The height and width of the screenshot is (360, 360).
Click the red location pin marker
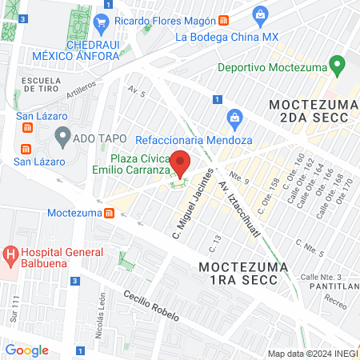(180, 162)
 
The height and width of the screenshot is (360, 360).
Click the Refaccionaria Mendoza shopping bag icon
(234, 118)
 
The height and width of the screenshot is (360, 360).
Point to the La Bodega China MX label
(226, 36)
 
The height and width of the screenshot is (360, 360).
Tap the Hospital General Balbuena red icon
(10, 256)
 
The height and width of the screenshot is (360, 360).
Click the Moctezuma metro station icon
(109, 213)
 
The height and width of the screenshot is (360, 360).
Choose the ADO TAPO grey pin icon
(62, 138)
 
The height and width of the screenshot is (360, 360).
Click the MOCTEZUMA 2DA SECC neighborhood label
(309, 111)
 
